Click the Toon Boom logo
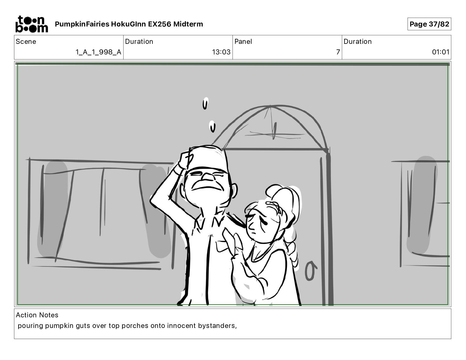[32, 24]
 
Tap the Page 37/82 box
[429, 24]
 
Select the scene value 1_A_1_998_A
[99, 52]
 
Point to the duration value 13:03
[221, 52]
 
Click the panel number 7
[338, 52]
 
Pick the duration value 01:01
[440, 52]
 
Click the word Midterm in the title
[188, 24]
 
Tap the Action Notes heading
[37, 315]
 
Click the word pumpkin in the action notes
[59, 326]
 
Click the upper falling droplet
[205, 103]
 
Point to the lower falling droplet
[212, 126]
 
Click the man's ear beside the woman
[234, 191]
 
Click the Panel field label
[243, 41]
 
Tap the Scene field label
[26, 41]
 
